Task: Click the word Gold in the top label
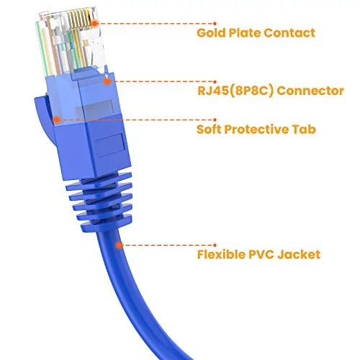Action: (211, 33)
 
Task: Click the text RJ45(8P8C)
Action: (235, 91)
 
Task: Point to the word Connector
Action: (310, 91)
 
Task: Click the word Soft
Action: (209, 130)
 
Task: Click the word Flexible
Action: (221, 255)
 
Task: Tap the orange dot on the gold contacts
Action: (95, 24)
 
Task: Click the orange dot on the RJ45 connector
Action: (107, 81)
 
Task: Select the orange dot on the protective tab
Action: (57, 120)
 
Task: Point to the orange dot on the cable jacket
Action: (119, 245)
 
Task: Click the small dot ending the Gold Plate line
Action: (215, 24)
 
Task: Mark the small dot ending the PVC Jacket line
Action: (215, 245)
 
